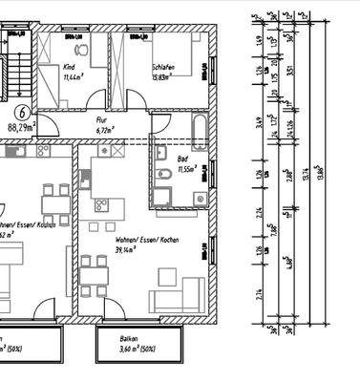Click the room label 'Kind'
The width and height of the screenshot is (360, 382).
69,68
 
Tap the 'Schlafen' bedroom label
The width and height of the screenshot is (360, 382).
165,68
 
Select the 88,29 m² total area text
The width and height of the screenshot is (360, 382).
20,125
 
